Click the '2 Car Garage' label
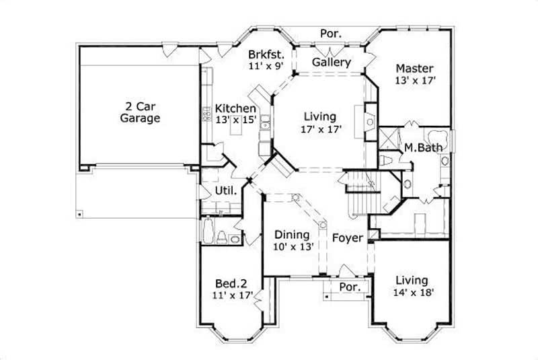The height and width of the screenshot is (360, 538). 140,112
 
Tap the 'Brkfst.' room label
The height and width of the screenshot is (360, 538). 265,55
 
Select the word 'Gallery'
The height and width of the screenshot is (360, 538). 332,63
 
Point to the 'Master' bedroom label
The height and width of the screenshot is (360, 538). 414,68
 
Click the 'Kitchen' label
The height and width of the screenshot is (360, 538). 235,108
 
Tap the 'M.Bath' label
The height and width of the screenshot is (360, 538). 422,147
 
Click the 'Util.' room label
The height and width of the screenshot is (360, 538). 225,191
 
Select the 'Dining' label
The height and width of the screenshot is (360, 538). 293,235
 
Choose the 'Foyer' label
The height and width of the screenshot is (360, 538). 347,238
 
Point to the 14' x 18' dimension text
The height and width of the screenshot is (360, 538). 413,292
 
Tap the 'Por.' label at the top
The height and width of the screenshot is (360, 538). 330,33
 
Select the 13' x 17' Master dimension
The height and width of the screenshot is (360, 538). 416,80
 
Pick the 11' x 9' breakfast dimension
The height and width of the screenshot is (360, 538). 265,66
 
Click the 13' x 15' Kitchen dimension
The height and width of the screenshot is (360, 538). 235,120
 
